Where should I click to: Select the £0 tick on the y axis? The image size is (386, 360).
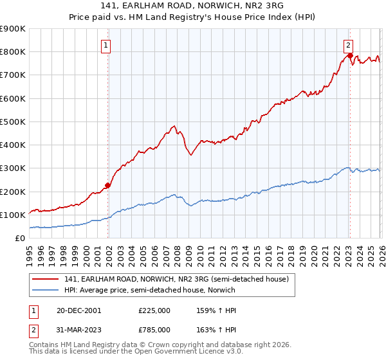pos(19,238)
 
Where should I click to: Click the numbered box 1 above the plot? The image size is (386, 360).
pos(106,45)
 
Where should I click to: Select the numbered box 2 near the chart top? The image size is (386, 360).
pos(348,45)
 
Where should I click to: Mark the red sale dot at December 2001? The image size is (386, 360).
pos(108,185)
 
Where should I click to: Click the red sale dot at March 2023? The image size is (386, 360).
pos(350,55)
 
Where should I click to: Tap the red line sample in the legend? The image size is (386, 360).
pos(46,279)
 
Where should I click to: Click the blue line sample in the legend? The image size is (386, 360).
pos(46,290)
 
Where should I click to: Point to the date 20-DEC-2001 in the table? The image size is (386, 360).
pos(78,310)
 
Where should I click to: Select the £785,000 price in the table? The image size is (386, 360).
pos(154,330)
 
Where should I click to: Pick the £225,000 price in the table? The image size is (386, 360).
pos(154,310)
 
